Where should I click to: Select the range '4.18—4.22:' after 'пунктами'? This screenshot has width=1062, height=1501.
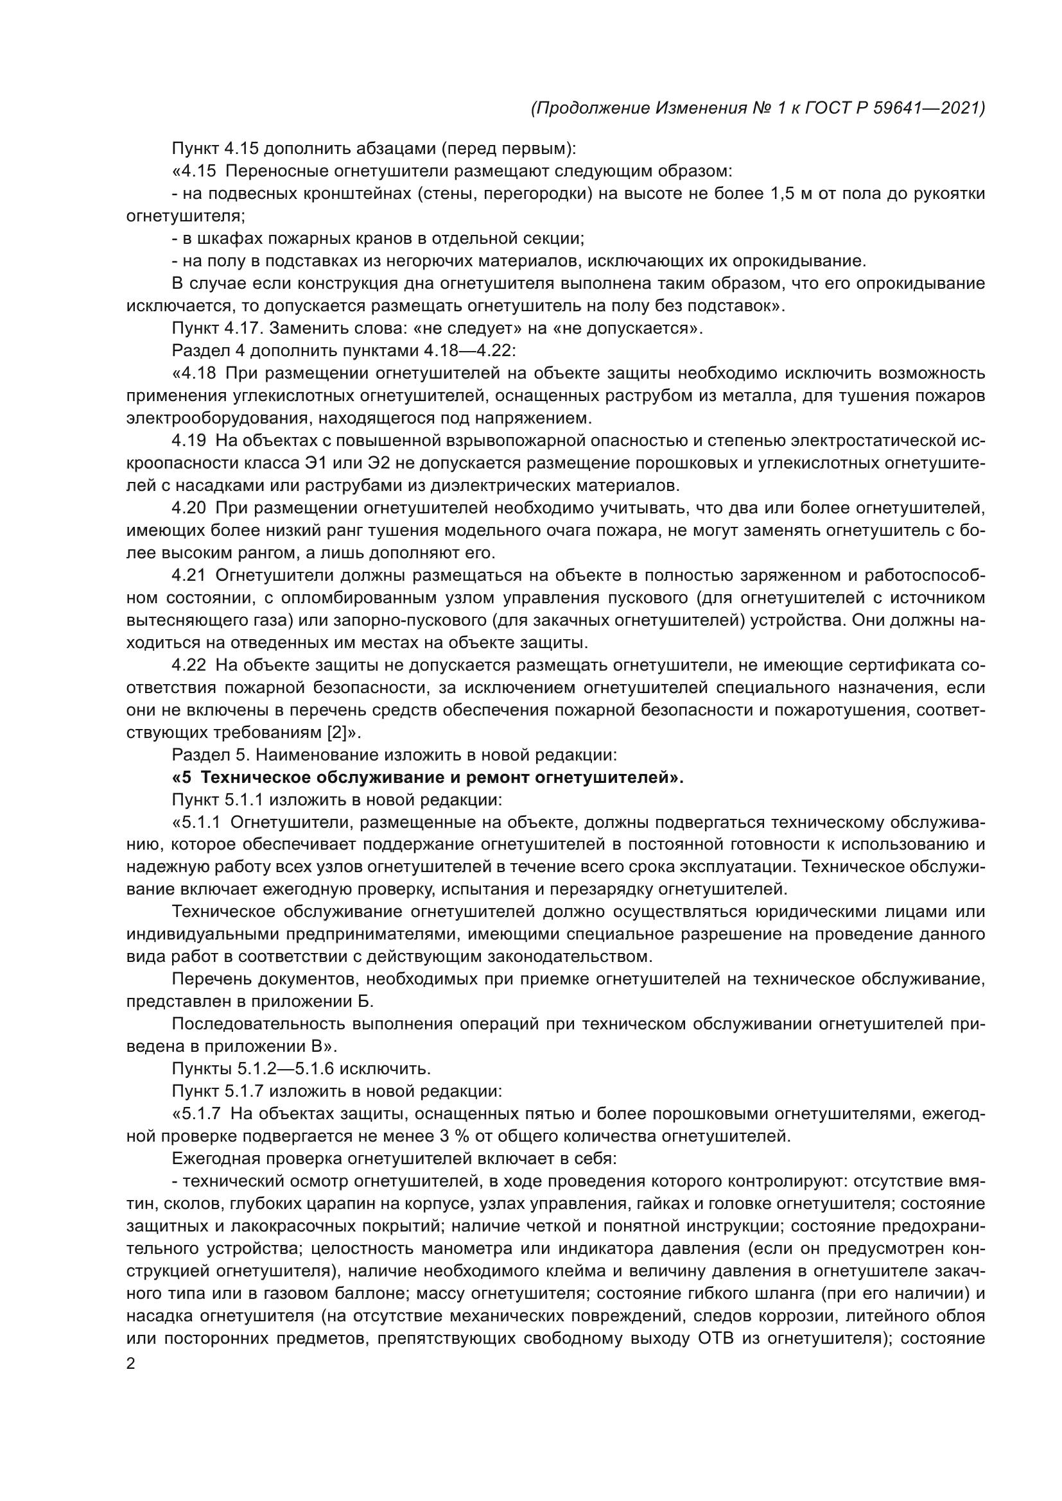coord(469,351)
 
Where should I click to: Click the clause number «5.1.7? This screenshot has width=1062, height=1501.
coord(196,1113)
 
